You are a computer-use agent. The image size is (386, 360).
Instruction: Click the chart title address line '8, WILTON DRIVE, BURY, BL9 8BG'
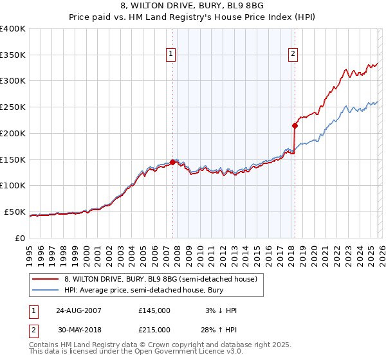click(192, 6)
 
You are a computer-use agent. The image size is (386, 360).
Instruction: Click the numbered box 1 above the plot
click(172, 55)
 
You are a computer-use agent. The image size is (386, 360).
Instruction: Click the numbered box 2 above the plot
click(293, 55)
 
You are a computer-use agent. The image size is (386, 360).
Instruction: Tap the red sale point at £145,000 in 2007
click(172, 162)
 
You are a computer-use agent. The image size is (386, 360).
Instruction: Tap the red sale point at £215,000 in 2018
click(295, 125)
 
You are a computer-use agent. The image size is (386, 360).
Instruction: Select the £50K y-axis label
click(14, 212)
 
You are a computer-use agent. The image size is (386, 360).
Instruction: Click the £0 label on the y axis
click(19, 238)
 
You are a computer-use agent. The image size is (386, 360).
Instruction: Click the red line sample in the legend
click(46, 279)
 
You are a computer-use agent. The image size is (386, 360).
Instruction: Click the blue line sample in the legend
click(46, 290)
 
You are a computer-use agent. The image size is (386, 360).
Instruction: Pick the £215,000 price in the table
click(154, 329)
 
